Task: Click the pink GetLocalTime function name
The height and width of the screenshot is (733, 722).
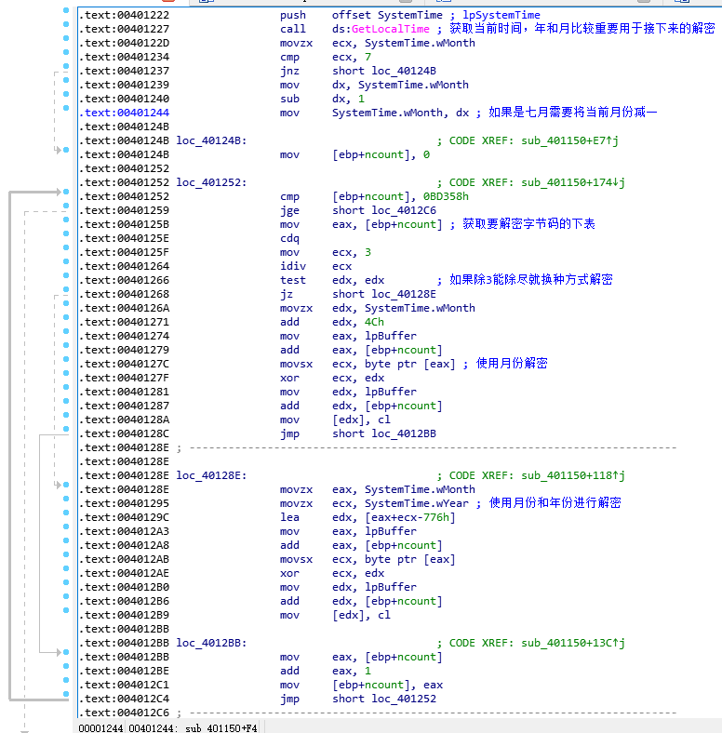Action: click(x=391, y=29)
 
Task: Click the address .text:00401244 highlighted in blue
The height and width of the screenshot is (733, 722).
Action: click(x=124, y=113)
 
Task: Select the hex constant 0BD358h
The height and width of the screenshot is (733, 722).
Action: click(x=446, y=196)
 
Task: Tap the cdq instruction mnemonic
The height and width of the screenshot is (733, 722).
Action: click(x=289, y=238)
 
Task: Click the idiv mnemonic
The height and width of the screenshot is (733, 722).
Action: click(x=293, y=266)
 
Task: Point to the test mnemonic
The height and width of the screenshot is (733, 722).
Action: click(x=293, y=280)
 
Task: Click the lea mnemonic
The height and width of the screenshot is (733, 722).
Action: click(x=289, y=517)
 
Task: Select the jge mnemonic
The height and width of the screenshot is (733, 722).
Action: click(x=289, y=211)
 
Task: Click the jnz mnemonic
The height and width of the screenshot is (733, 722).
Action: click(x=289, y=71)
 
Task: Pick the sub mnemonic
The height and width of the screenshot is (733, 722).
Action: click(x=289, y=99)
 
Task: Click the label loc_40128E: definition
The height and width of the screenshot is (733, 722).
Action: click(x=211, y=475)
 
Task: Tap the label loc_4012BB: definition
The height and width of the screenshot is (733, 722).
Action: click(x=211, y=643)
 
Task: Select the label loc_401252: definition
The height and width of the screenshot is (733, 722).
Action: click(x=211, y=182)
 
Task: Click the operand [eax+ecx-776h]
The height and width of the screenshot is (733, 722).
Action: click(x=410, y=517)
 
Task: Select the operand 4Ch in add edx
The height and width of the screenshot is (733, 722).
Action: click(x=374, y=322)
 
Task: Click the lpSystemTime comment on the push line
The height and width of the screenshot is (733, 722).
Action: click(x=501, y=15)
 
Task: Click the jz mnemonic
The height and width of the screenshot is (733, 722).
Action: click(x=287, y=295)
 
